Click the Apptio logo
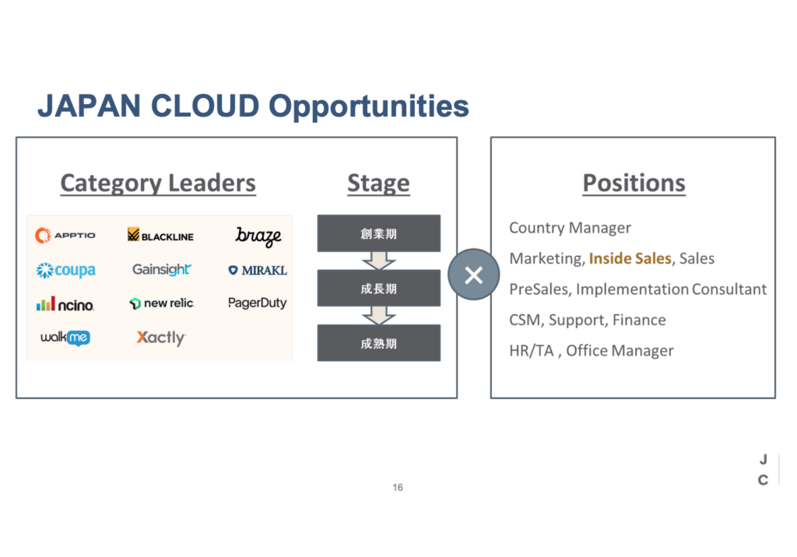click(65, 235)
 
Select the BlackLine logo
click(160, 235)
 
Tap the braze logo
click(258, 236)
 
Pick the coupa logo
click(65, 270)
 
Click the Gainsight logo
click(162, 269)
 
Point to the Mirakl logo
click(258, 271)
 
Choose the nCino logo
click(65, 304)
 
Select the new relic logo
click(162, 303)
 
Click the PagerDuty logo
click(257, 303)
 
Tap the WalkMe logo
click(65, 338)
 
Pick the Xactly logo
click(161, 338)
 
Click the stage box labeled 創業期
click(379, 233)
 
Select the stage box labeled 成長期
click(379, 288)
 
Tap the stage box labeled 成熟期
click(379, 343)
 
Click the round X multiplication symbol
click(474, 275)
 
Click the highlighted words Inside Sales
click(630, 258)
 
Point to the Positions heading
click(634, 183)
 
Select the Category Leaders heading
click(158, 183)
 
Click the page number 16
click(398, 487)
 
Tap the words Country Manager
click(570, 228)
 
